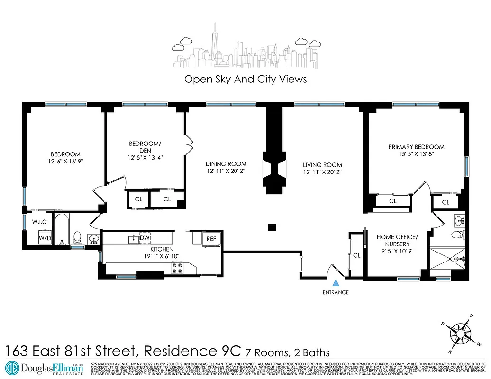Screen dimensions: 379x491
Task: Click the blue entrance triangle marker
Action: (x=336, y=283)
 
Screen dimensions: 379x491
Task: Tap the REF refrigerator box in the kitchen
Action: (x=211, y=239)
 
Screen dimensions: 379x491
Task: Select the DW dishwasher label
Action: (x=145, y=237)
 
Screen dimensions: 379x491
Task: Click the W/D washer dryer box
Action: (x=45, y=238)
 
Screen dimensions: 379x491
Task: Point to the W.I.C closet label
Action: (x=39, y=221)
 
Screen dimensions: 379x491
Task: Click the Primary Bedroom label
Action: (x=416, y=147)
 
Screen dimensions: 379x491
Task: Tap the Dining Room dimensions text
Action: (x=227, y=171)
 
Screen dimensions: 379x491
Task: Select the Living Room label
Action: (x=322, y=165)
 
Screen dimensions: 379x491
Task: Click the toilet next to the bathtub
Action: (x=78, y=237)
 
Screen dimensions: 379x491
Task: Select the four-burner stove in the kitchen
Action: (x=177, y=268)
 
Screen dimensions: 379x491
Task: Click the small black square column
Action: (x=272, y=227)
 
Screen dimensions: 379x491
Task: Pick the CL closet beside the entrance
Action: (x=356, y=255)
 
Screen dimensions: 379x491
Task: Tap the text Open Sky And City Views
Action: (x=245, y=79)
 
